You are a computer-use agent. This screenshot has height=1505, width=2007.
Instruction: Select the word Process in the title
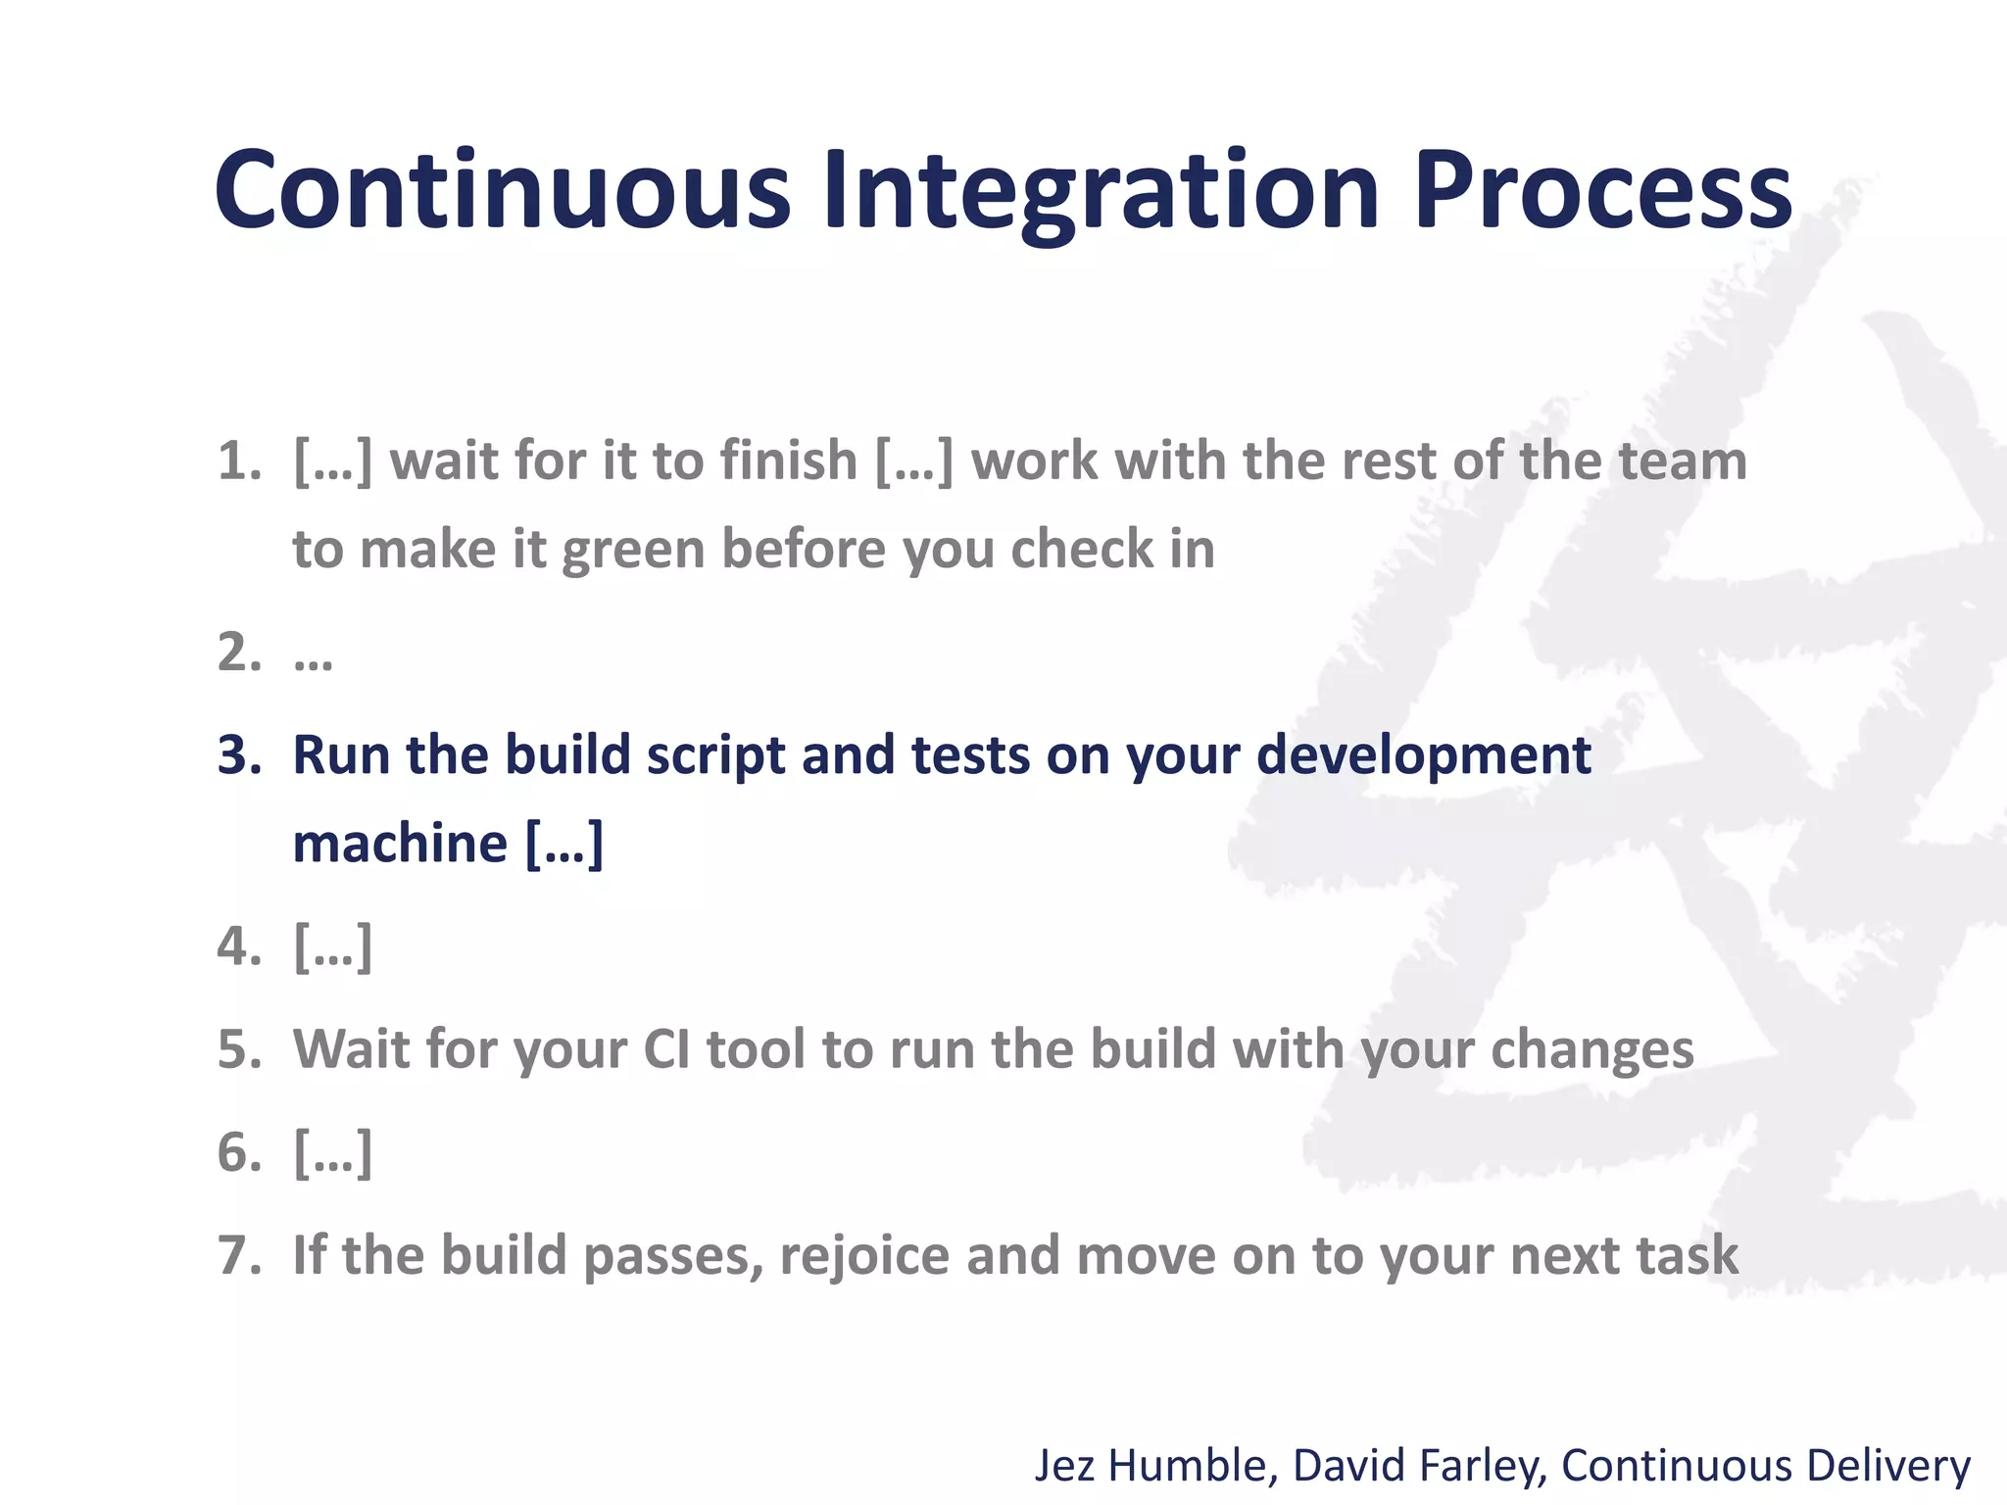point(1602,191)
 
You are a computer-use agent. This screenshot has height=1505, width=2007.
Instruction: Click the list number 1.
point(238,461)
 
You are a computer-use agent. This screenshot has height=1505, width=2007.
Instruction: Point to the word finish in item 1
point(788,461)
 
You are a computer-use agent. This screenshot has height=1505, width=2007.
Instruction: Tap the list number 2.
point(238,653)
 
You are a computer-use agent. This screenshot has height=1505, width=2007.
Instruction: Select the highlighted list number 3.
point(238,755)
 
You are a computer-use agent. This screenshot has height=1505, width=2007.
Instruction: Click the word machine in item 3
point(400,843)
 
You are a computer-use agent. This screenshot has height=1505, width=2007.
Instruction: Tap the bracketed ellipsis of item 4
point(332,947)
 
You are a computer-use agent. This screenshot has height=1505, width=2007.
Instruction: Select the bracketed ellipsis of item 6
point(332,1152)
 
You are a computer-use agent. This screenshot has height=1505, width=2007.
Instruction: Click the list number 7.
point(238,1255)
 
